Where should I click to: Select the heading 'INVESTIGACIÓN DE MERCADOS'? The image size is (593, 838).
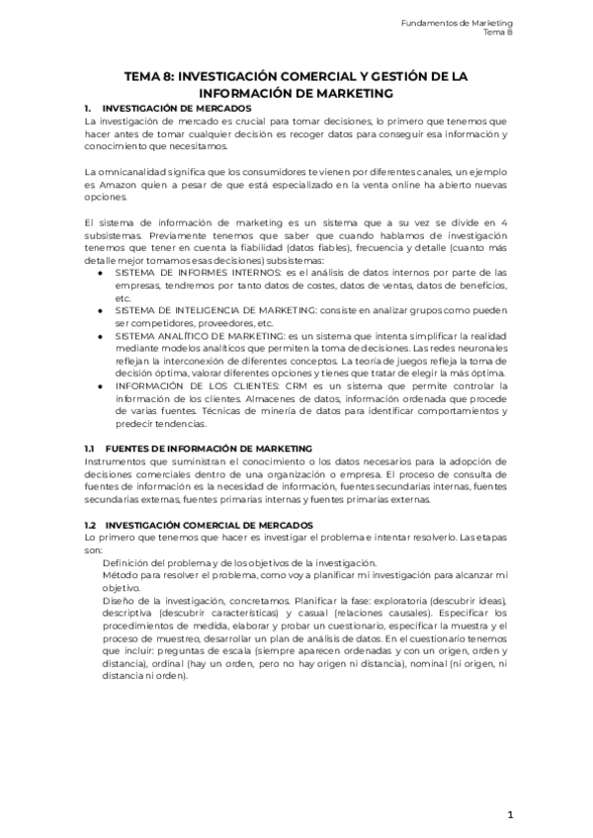pyautogui.click(x=177, y=107)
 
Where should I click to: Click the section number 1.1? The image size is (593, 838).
pyautogui.click(x=89, y=449)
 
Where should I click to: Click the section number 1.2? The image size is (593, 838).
pyautogui.click(x=89, y=525)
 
